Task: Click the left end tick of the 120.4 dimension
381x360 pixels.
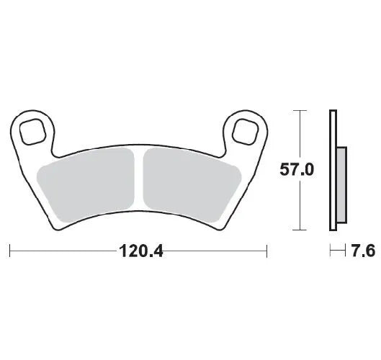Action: tap(9, 251)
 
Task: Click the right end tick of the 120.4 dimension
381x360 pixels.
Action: tap(267, 251)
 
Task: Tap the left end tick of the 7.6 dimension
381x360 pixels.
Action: tap(330, 251)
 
